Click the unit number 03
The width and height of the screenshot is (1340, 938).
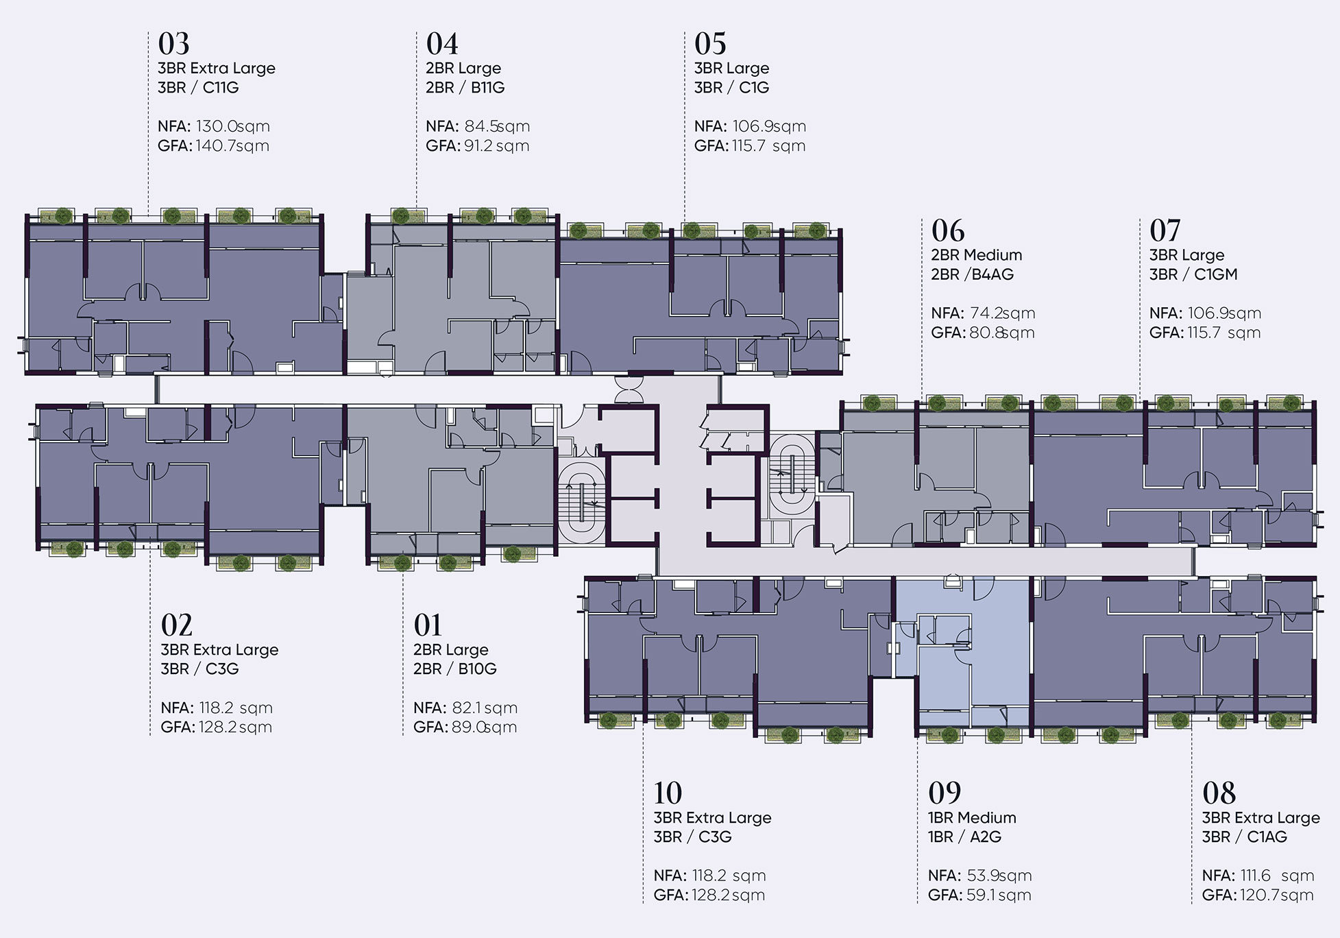click(x=173, y=44)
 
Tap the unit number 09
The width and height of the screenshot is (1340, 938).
click(x=945, y=793)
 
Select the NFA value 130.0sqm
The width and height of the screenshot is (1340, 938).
click(x=233, y=126)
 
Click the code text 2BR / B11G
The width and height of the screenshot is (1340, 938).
click(x=465, y=88)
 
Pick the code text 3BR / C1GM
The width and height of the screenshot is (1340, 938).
click(x=1193, y=274)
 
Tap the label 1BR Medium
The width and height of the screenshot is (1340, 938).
click(x=972, y=817)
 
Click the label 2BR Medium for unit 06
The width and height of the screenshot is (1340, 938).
click(x=977, y=255)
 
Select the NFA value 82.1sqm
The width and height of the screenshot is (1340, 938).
click(x=485, y=708)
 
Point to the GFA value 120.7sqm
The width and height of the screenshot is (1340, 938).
click(x=1277, y=895)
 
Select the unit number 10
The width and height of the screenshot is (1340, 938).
click(x=668, y=793)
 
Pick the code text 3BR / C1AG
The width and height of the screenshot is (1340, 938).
click(x=1245, y=837)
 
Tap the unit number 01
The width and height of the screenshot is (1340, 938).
click(x=428, y=625)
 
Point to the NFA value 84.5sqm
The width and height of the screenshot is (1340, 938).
click(x=497, y=126)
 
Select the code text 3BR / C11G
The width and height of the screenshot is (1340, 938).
click(x=198, y=88)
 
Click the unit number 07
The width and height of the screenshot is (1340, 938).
click(x=1165, y=231)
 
